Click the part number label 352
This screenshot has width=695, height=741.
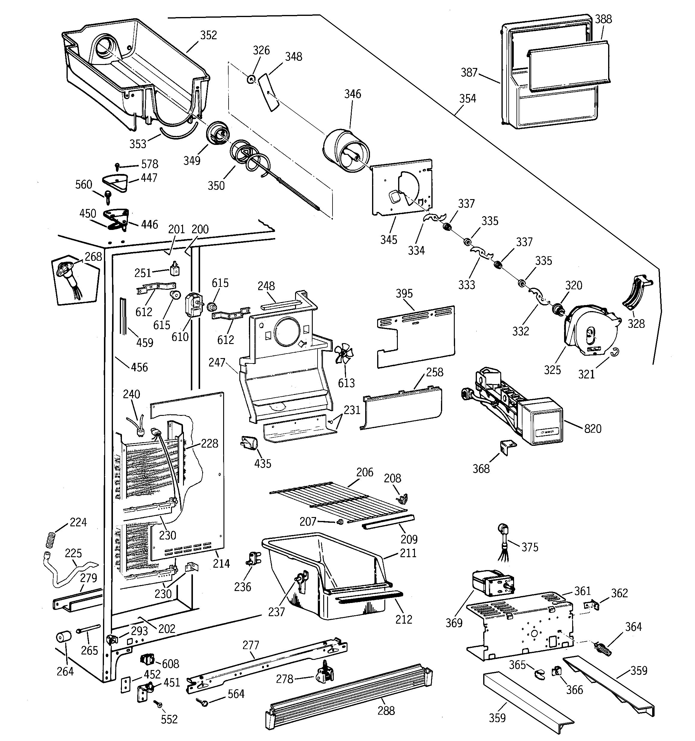point(208,35)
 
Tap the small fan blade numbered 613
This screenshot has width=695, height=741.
point(344,354)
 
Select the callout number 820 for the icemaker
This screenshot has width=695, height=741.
point(593,429)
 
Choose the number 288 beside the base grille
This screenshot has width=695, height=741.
point(386,711)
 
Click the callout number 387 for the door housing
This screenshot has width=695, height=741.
point(469,72)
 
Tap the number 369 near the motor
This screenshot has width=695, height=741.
point(454,623)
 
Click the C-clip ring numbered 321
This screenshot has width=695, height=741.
point(614,352)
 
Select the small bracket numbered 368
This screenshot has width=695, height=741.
point(507,447)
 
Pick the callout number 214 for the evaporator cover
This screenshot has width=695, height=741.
point(221,563)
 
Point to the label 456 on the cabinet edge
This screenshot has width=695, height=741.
point(139,367)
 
